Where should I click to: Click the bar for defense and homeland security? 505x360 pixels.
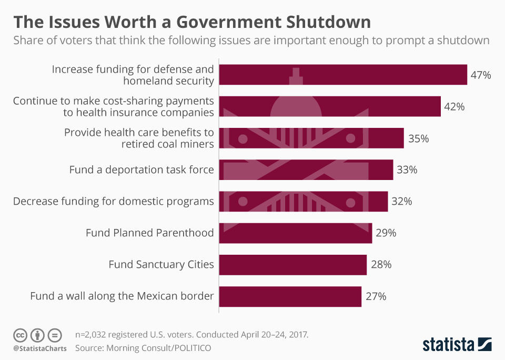343,75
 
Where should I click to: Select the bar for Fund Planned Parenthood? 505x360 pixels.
295,233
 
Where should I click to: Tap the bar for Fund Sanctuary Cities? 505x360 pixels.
292,264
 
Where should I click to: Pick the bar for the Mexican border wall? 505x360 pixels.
290,296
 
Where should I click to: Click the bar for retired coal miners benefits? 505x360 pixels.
311,138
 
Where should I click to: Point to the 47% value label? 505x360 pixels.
480,75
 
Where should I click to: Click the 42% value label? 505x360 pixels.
454,107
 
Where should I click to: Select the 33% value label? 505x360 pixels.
407,170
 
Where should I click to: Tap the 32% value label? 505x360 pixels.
401,202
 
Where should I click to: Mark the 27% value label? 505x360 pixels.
375,296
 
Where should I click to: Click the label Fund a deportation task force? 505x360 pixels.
142,169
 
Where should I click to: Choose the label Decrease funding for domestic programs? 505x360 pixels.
113,201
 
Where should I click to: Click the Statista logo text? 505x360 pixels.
448,345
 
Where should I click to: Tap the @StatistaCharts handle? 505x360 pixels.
40,348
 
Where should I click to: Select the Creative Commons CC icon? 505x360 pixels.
20,335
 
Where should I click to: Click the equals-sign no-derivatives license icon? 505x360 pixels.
55,335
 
